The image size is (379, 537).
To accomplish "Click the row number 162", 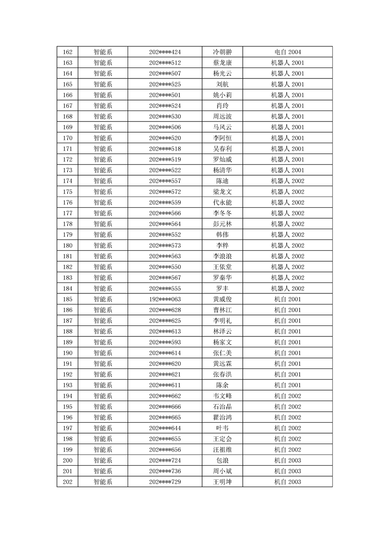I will [67, 52].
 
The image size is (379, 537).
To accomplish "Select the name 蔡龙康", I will [222, 63].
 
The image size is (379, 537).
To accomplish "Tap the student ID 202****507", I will [165, 74].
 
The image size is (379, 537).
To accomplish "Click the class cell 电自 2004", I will [287, 52].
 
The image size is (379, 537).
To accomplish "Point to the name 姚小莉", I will [222, 95].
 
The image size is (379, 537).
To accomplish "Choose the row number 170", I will [67, 138].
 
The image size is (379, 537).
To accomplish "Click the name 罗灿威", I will [222, 159].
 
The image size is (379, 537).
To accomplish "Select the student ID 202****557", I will [165, 181].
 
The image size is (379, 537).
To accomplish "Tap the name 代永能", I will [222, 202].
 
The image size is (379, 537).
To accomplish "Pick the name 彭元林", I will [222, 224].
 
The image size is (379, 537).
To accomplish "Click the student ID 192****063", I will [165, 299].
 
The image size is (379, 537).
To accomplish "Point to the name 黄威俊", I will [222, 299].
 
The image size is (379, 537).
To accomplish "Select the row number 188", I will [67, 331].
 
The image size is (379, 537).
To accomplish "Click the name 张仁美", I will [222, 353].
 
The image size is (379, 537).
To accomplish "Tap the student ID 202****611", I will [165, 385].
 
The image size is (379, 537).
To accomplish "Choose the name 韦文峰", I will [222, 396].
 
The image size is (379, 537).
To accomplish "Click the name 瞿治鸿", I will [222, 417].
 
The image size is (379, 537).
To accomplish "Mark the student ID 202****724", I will [165, 460].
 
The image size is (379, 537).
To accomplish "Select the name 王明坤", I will [222, 481].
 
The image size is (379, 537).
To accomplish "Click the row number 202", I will [67, 481].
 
